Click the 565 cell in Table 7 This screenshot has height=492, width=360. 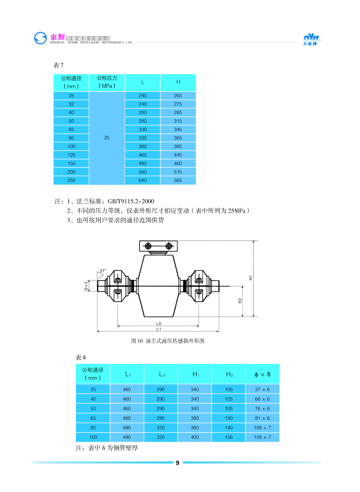click(178, 181)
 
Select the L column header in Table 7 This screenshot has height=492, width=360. click(142, 82)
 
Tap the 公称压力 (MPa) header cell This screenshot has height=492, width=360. click(107, 82)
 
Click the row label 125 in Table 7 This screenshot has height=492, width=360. click(71, 155)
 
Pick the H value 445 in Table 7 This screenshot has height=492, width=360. click(178, 155)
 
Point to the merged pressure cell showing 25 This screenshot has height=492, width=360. click(107, 138)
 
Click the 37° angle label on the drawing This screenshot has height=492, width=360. click(103, 271)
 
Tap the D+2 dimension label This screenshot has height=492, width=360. click(86, 286)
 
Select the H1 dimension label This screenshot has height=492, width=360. click(250, 278)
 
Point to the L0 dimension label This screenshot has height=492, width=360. click(158, 323)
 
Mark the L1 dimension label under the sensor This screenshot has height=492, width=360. click(158, 329)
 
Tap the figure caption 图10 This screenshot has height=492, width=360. click(167, 341)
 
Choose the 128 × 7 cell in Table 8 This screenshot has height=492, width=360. click(262, 437)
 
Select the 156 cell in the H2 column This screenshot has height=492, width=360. click(229, 437)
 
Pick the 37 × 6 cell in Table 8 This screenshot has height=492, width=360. click(262, 389)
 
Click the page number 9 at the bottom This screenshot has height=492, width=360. click(177, 463)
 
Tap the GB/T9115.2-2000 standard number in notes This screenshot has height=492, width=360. click(131, 201)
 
